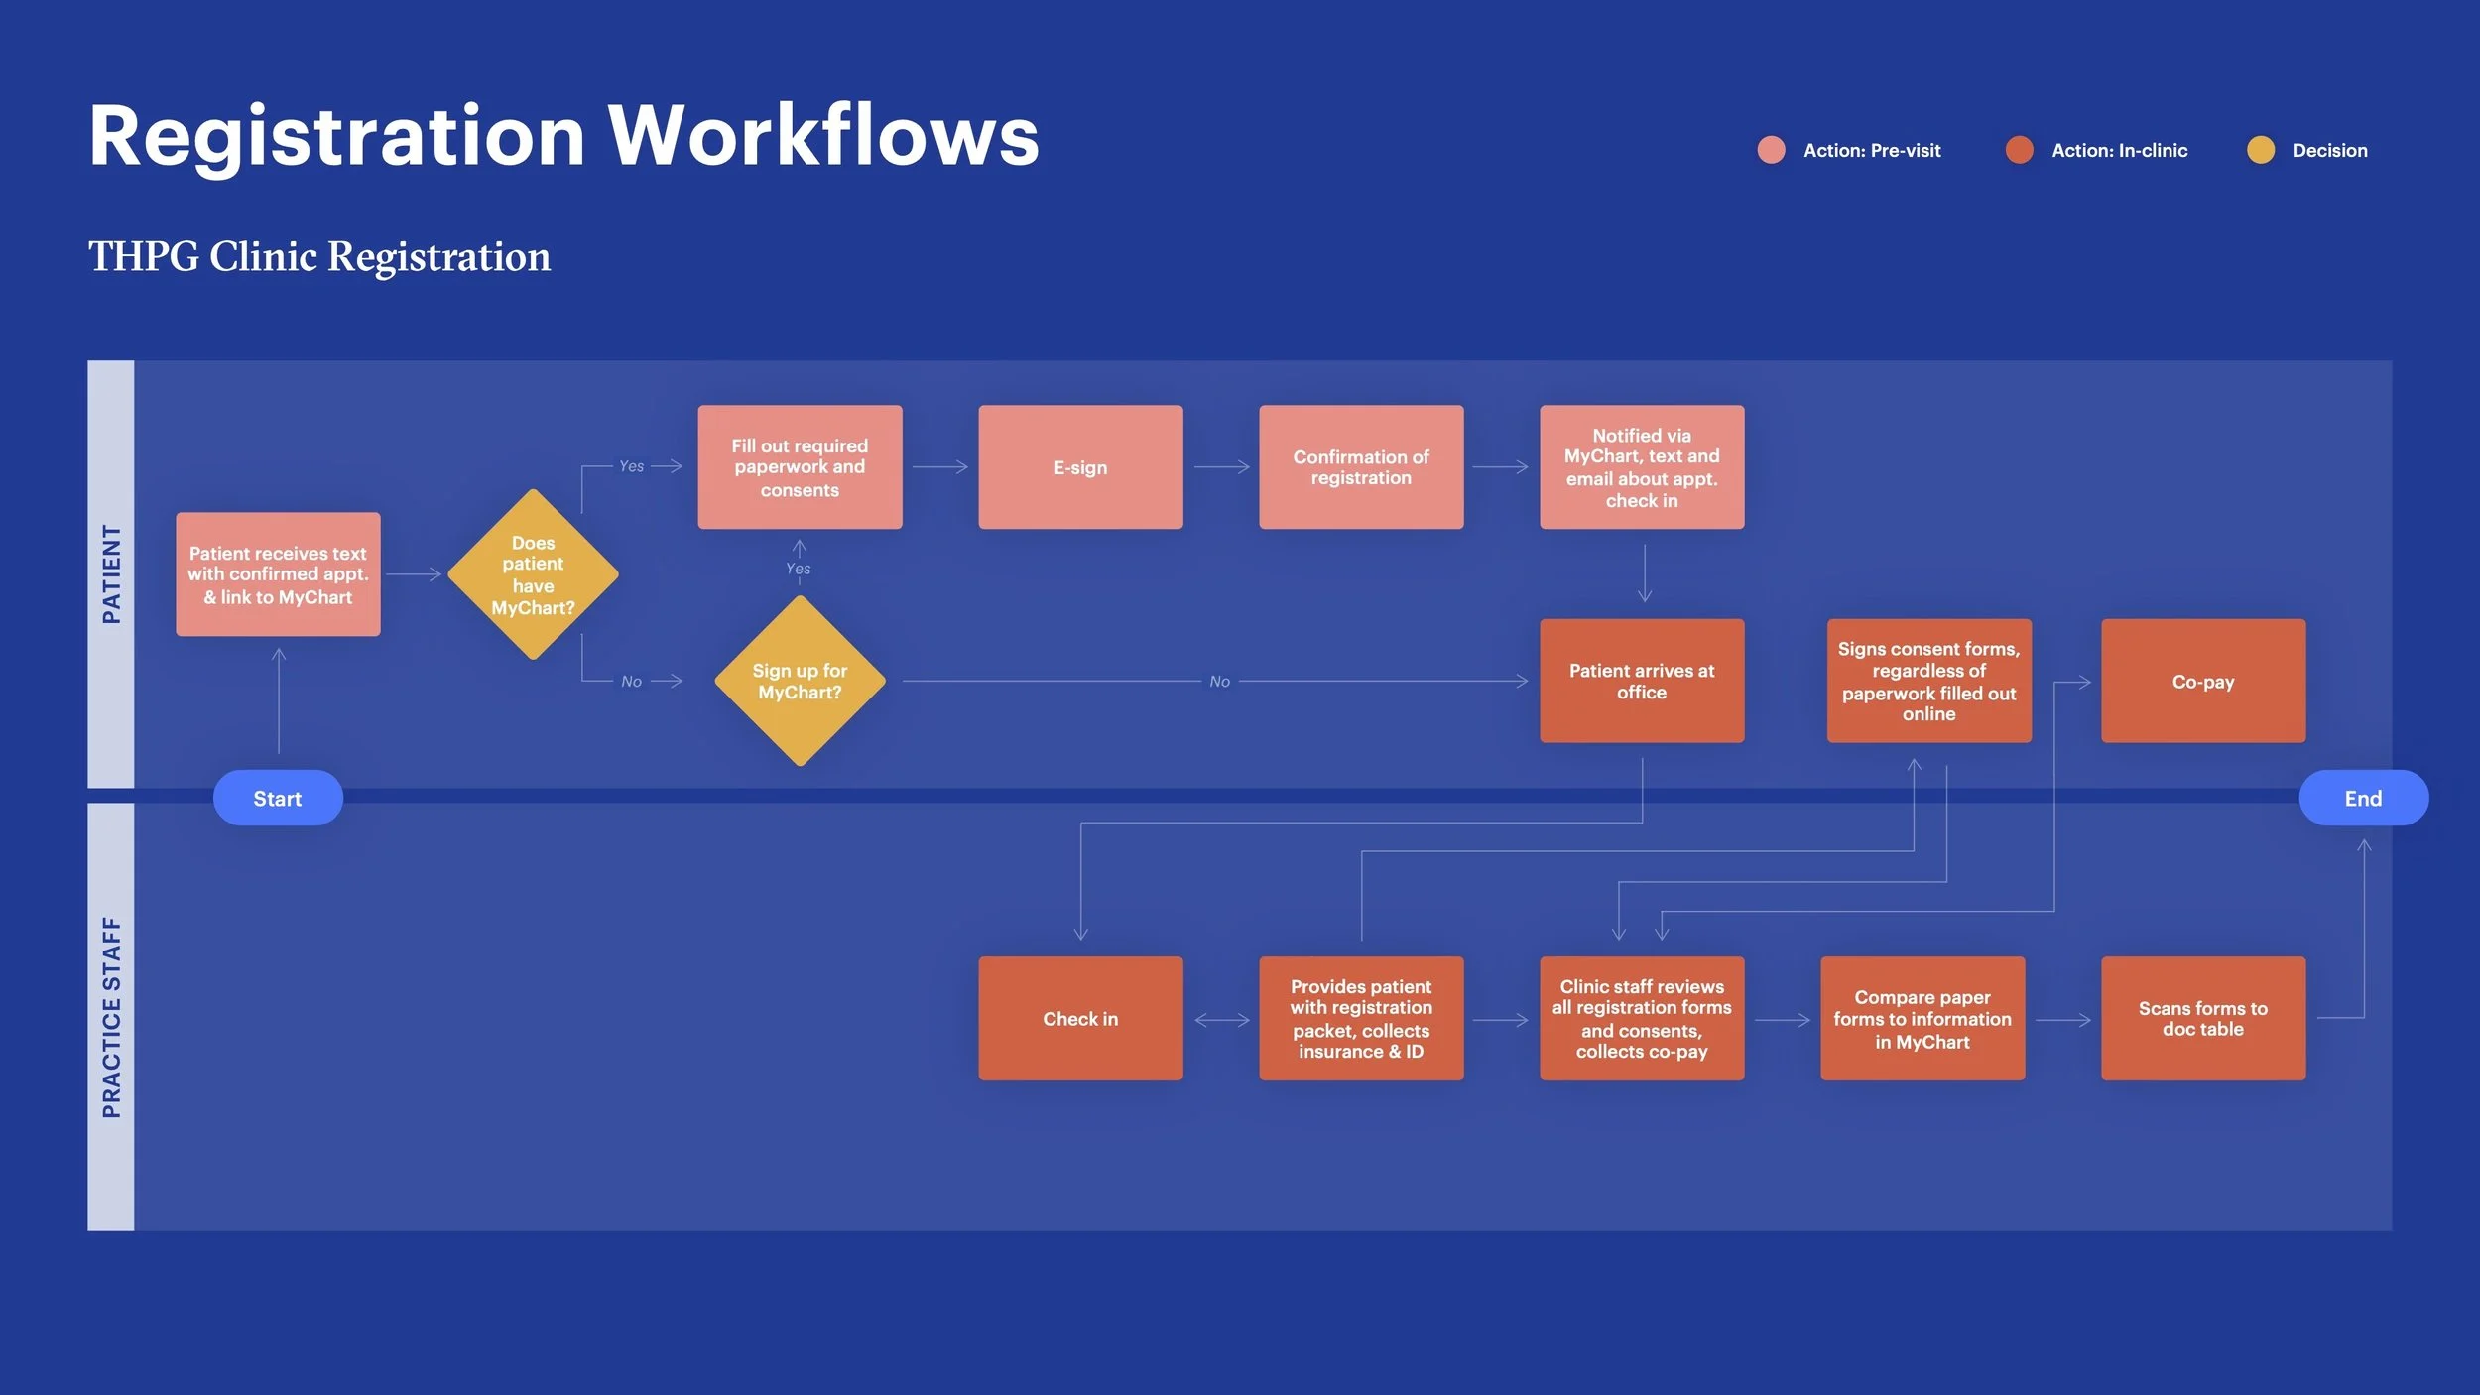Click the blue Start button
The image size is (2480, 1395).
tap(278, 798)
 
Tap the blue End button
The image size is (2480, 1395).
tap(2363, 798)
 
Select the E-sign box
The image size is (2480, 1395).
tap(1080, 467)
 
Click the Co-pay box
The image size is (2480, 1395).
tap(2202, 682)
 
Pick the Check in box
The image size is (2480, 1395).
tap(1080, 1019)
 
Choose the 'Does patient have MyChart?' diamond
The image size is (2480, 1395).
tap(533, 574)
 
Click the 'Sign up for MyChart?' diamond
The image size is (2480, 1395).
tap(800, 682)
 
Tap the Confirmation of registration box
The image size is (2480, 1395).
tap(1361, 467)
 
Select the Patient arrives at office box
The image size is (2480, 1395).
tap(1642, 682)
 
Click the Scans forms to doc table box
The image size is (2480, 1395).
tap(2202, 1019)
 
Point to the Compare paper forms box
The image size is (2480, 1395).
tap(1922, 1019)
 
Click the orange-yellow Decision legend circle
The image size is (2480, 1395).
tap(2261, 150)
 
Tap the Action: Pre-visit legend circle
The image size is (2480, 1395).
tap(1771, 150)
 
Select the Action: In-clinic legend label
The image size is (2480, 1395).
tap(2119, 151)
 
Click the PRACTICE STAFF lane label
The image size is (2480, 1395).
tap(111, 1017)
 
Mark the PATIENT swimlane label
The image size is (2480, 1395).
tap(111, 574)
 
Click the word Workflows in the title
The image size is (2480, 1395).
tap(823, 136)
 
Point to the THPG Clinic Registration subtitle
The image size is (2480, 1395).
tap(319, 257)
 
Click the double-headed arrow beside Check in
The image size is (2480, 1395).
tap(1221, 1020)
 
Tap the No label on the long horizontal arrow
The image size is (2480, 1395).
tap(1219, 682)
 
